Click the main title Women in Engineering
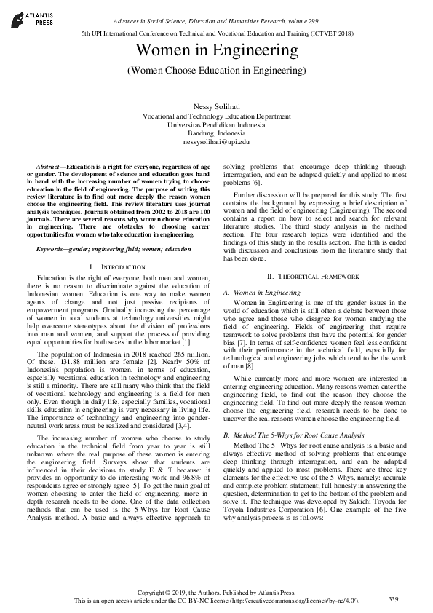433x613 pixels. click(x=216, y=50)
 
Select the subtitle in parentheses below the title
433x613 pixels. click(x=216, y=71)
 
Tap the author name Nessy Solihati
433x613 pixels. click(x=216, y=107)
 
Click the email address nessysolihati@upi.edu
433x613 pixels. click(x=216, y=143)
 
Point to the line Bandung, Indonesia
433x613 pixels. click(x=216, y=134)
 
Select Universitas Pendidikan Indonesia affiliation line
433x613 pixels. click(x=216, y=125)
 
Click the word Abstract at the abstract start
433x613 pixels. click(x=50, y=167)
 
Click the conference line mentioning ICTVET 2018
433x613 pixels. click(x=216, y=33)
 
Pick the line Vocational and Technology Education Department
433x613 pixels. click(x=216, y=116)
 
